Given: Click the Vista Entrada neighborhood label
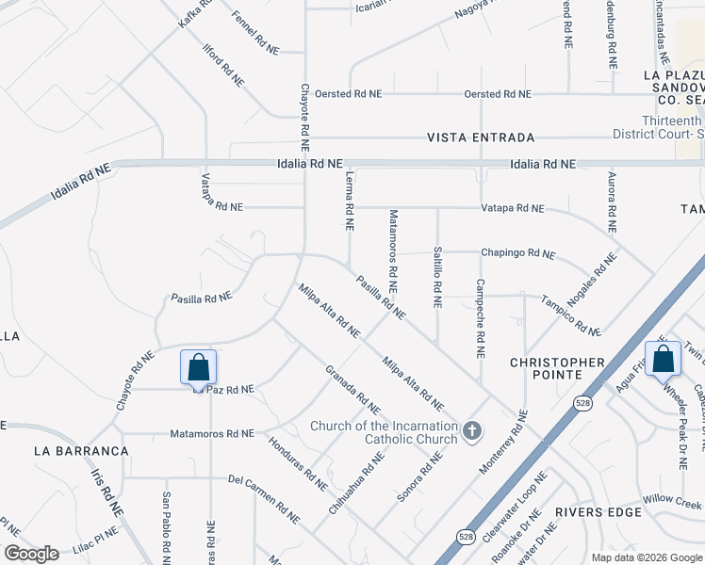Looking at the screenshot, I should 481,137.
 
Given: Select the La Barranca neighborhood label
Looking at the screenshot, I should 81,451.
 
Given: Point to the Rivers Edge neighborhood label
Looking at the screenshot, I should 598,512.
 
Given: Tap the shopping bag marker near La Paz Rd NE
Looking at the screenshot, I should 199,367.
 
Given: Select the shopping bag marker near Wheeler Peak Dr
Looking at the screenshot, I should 663,358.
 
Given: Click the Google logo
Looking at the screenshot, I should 31,553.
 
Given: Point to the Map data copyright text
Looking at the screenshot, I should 646,557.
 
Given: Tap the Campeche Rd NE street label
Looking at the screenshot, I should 481,318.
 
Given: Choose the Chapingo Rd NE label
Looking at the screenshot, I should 518,253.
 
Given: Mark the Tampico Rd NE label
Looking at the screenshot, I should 570,315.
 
